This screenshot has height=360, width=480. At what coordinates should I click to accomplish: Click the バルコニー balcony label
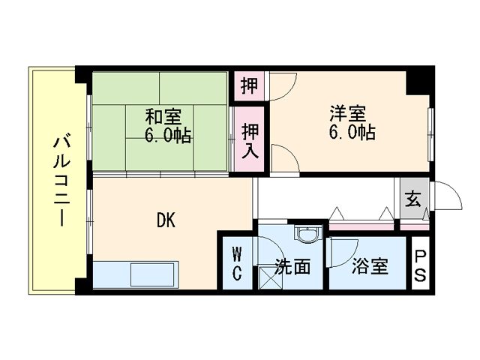(x=62, y=181)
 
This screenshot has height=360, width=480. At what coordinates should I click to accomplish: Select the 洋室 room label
(x=348, y=113)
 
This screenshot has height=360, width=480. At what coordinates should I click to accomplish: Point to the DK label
(x=166, y=220)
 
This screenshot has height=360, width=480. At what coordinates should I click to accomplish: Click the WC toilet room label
(x=237, y=264)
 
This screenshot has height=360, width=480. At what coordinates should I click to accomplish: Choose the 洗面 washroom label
(x=292, y=266)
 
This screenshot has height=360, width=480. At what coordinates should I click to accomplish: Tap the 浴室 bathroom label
(x=370, y=266)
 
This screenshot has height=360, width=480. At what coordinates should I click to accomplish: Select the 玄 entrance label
(x=413, y=199)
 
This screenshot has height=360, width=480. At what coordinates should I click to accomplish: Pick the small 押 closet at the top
(x=249, y=85)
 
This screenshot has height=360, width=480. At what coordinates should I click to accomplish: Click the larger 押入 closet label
(x=250, y=141)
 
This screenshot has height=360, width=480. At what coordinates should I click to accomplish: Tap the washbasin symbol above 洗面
(x=308, y=234)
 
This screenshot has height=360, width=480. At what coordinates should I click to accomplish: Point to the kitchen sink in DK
(x=152, y=274)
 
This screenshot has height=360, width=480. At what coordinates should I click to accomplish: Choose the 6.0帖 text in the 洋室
(x=352, y=133)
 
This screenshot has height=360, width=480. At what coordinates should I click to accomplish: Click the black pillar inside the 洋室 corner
(x=417, y=83)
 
